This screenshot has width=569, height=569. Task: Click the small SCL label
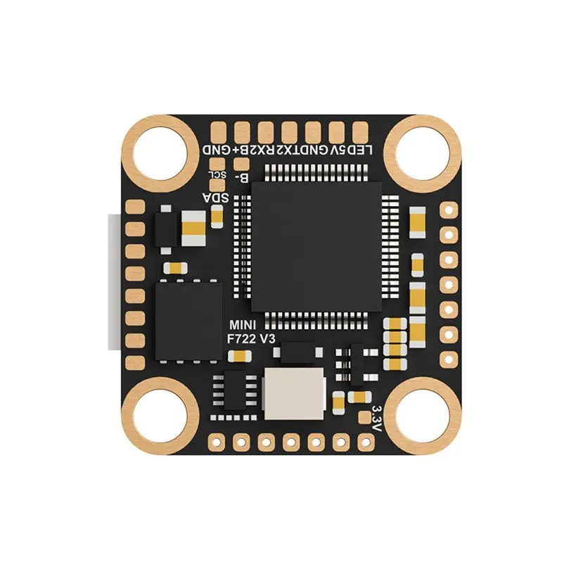217,174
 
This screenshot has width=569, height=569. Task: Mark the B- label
241,177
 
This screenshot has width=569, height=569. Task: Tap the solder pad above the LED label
360,131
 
